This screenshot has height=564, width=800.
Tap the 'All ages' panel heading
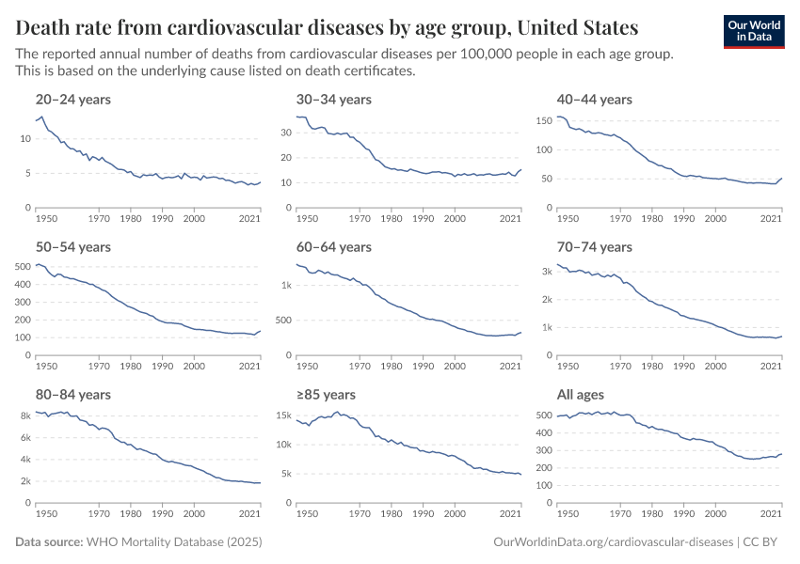point(581,395)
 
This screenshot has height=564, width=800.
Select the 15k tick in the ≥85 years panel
point(284,415)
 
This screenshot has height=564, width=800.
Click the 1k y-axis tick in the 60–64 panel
point(287,283)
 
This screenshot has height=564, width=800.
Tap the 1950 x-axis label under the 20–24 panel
point(44,219)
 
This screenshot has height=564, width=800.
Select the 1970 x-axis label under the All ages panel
point(619,514)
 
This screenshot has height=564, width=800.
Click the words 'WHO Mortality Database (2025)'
point(174,542)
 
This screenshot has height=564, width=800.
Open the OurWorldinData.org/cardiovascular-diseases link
point(613,542)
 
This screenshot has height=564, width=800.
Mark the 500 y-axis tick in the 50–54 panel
point(23,267)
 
